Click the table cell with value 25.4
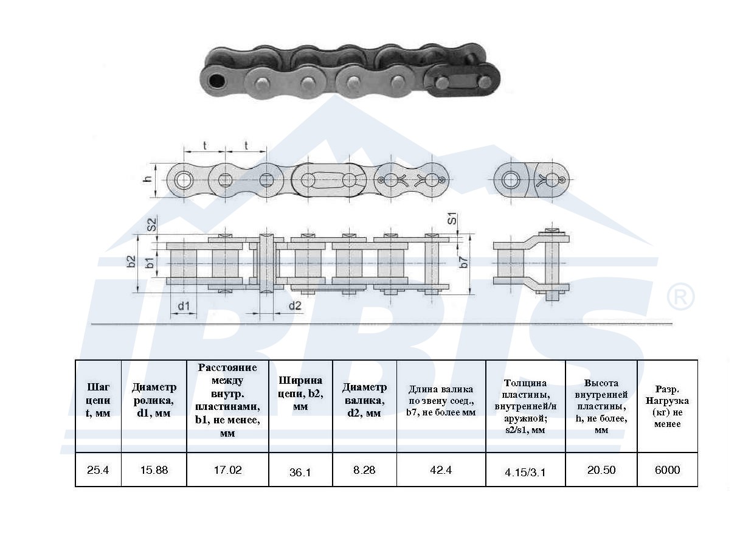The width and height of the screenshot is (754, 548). point(98,470)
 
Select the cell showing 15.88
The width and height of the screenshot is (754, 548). point(153,470)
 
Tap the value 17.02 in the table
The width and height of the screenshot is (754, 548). point(227,470)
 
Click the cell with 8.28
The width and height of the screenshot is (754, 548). point(364,470)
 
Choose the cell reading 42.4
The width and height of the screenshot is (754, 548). point(440,470)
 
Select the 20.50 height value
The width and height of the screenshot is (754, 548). point(601,470)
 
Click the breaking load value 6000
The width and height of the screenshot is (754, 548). point(667,470)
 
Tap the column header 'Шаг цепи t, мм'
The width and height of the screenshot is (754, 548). point(98,400)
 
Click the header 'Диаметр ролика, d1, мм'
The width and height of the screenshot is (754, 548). point(154,400)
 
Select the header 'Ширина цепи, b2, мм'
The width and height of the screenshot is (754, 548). point(300,394)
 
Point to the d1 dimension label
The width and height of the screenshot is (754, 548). point(184,305)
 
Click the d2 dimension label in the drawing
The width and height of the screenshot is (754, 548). point(295,305)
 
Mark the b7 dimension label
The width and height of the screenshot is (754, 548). point(464,262)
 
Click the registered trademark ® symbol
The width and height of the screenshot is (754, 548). point(680,297)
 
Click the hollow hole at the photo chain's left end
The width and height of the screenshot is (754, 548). point(215,80)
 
